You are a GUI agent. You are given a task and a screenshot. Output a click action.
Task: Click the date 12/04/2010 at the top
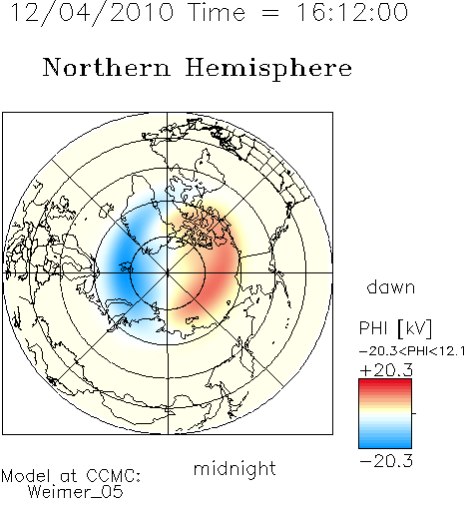click(x=92, y=13)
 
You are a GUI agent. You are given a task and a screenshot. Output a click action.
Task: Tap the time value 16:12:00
click(x=352, y=12)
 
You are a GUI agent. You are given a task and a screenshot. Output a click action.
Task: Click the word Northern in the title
click(x=107, y=68)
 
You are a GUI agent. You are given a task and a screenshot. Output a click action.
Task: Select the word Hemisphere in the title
click(x=268, y=69)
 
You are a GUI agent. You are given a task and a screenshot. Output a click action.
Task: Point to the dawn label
click(x=391, y=286)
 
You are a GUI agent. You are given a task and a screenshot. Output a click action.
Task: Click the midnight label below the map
click(x=234, y=469)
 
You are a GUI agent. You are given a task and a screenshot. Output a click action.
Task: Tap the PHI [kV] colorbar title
click(x=395, y=328)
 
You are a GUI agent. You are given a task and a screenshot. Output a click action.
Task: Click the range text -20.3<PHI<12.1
click(x=412, y=351)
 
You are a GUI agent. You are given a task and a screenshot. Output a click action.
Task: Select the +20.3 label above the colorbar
click(x=386, y=370)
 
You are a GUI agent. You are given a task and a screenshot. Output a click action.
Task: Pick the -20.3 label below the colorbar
click(x=386, y=461)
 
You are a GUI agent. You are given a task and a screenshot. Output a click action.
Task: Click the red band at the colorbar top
click(x=385, y=384)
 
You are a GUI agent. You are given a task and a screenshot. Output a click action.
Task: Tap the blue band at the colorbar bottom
click(x=385, y=442)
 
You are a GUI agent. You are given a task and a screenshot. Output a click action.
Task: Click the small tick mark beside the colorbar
click(x=414, y=413)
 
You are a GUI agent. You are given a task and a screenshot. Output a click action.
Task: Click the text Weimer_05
click(x=76, y=491)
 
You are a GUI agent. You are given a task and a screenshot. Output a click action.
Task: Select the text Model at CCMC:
click(x=71, y=476)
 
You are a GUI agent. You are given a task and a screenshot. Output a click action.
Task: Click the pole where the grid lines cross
click(x=168, y=273)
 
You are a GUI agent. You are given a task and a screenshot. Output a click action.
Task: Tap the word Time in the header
click(x=217, y=12)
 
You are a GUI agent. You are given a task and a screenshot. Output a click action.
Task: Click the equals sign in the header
click(x=270, y=14)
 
